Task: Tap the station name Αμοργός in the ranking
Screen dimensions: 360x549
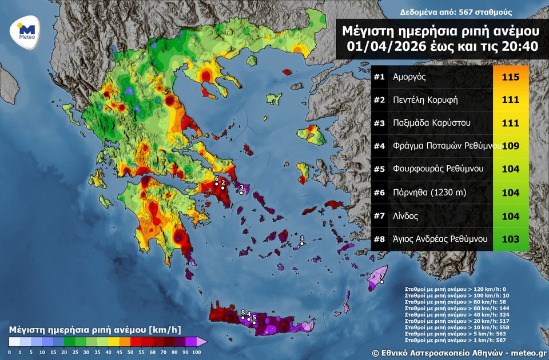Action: coord(409,77)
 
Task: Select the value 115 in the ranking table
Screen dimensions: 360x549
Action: coord(510,77)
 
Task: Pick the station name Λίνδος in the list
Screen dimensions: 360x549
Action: coord(405,217)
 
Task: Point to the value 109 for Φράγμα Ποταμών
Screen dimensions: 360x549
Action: coord(510,146)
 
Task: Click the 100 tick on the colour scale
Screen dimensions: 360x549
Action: coord(197,353)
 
